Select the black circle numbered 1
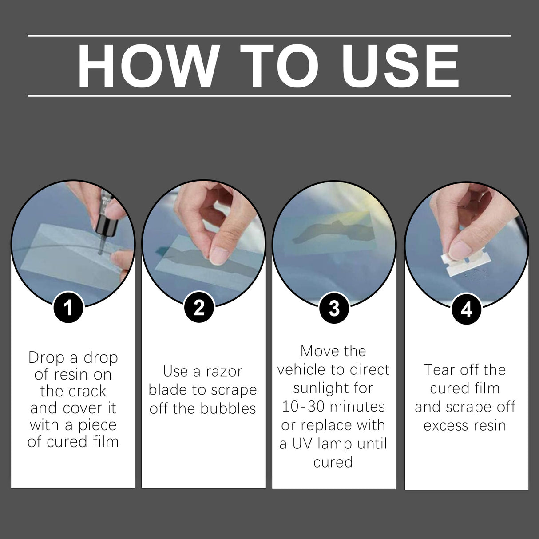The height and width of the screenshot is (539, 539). point(68,308)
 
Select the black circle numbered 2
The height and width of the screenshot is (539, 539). point(199,308)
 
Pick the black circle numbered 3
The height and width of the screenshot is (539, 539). point(334,308)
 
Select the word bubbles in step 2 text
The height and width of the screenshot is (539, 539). point(231,408)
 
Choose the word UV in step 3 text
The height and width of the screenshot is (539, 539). point(305,444)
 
